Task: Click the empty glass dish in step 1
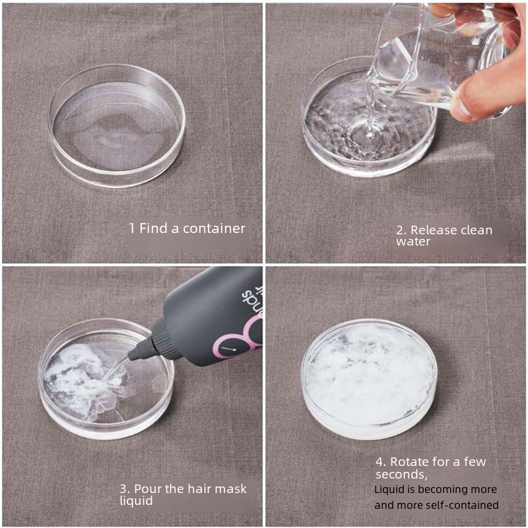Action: pos(117,125)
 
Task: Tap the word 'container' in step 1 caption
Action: pos(214,228)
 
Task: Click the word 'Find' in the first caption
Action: pos(154,228)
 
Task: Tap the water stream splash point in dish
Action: pos(370,135)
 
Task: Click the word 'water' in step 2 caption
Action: pos(413,242)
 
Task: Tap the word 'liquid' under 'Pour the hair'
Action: pos(137,501)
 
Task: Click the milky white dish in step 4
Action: pos(369,379)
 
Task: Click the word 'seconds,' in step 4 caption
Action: pos(401,475)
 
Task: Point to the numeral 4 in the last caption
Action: pos(379,462)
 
